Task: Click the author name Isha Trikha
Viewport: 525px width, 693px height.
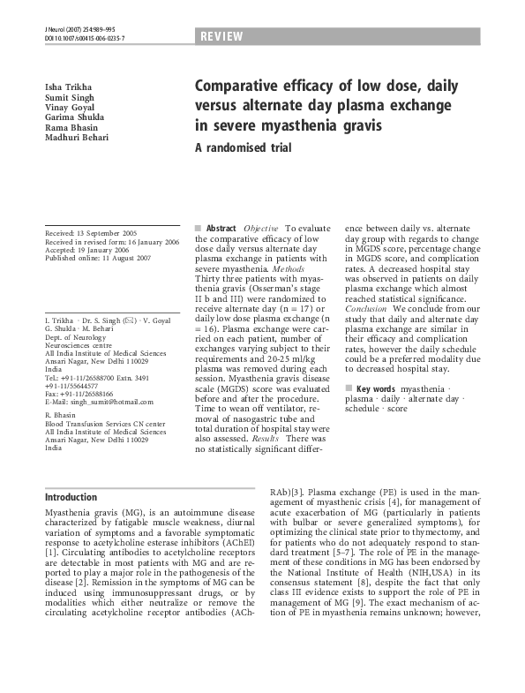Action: tap(64, 85)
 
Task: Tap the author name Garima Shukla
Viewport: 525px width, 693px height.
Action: tap(74, 117)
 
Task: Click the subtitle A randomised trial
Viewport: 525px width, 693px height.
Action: tap(243, 148)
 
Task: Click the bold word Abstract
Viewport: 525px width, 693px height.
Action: tap(221, 228)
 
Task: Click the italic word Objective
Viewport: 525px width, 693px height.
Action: tap(262, 228)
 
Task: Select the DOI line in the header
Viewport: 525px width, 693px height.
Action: tap(85, 39)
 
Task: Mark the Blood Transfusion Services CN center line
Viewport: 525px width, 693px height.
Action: tap(104, 424)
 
